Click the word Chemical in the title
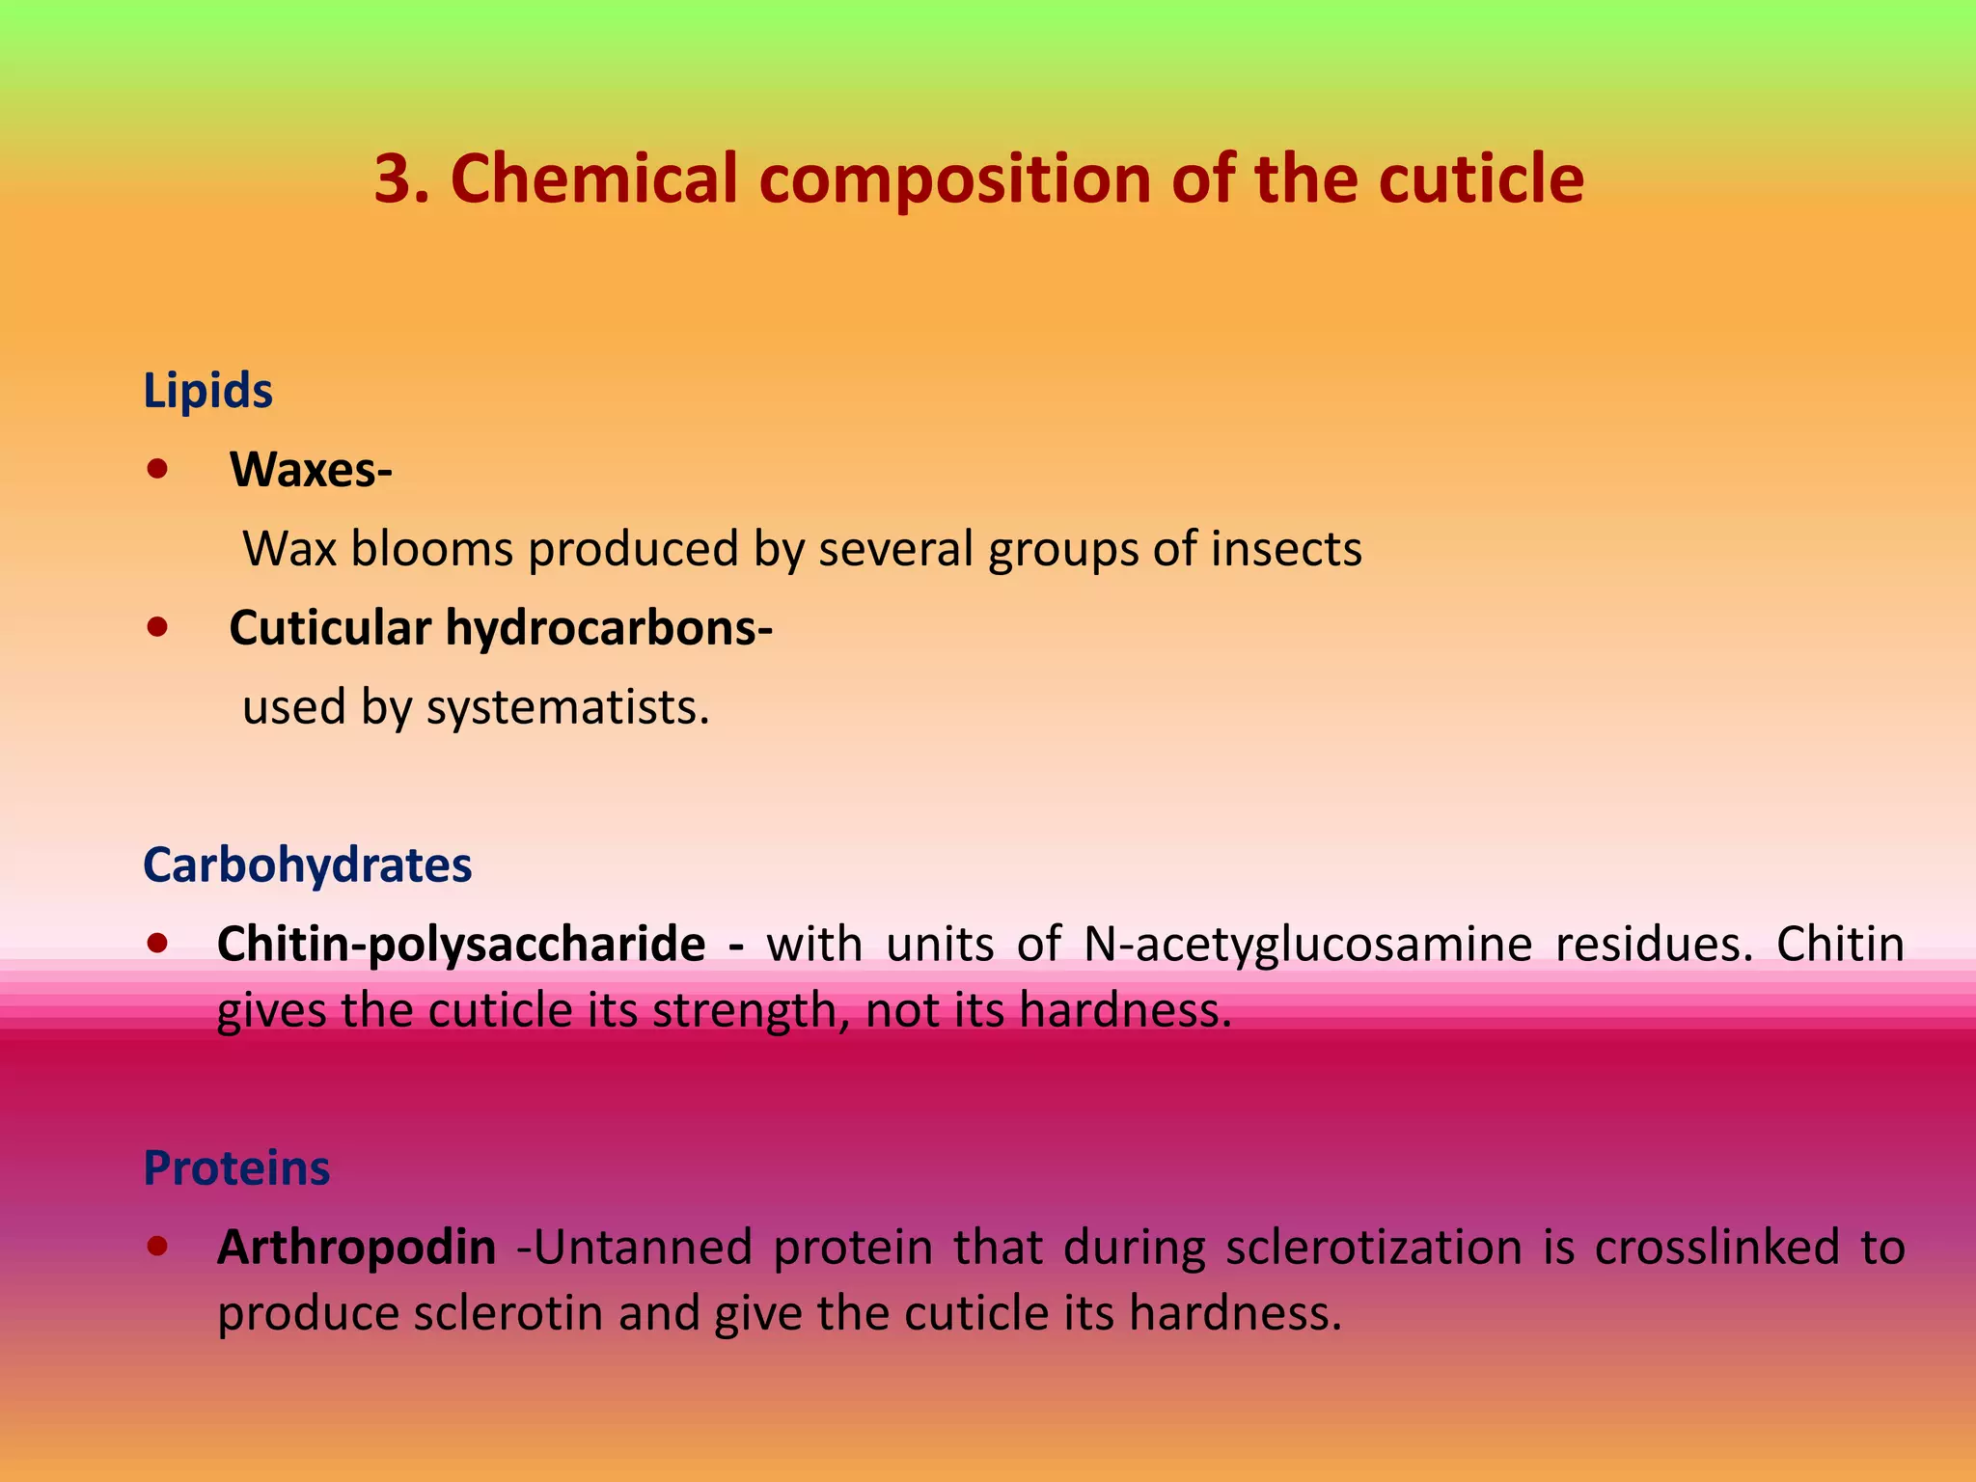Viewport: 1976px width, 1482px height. [x=593, y=179]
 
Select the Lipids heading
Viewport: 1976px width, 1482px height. [x=207, y=392]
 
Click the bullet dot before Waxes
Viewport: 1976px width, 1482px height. [x=157, y=470]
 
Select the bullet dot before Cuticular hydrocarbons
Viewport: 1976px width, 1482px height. [x=157, y=628]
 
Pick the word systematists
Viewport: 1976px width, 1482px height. [x=567, y=708]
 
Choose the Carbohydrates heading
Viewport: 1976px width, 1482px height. [x=307, y=865]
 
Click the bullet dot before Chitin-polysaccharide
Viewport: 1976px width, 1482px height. [x=157, y=943]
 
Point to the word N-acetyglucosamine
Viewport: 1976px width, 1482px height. [x=1307, y=945]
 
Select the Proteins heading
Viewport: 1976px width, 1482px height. [x=236, y=1168]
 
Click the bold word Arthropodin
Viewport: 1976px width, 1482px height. [x=356, y=1247]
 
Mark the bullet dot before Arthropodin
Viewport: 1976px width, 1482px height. [x=157, y=1246]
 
